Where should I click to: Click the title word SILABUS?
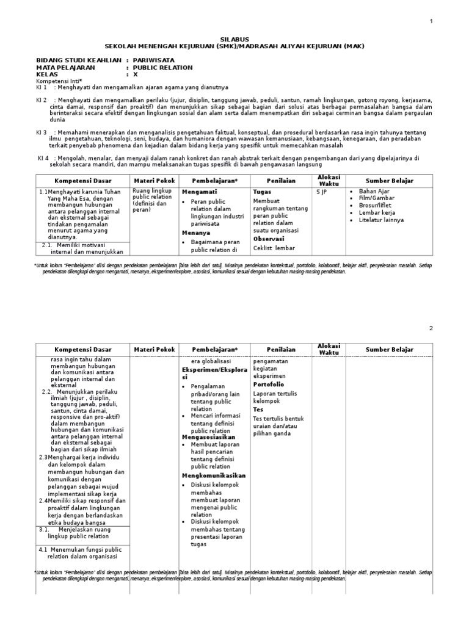pos(234,38)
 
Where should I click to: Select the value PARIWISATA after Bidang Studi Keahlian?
pos(154,60)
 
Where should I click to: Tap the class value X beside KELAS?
pos(136,74)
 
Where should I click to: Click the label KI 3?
pos(42,132)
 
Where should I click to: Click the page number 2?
pos(431,328)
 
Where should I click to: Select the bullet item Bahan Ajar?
pos(374,192)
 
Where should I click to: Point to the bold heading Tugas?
pos(262,192)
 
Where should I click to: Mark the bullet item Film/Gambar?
pos(377,198)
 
